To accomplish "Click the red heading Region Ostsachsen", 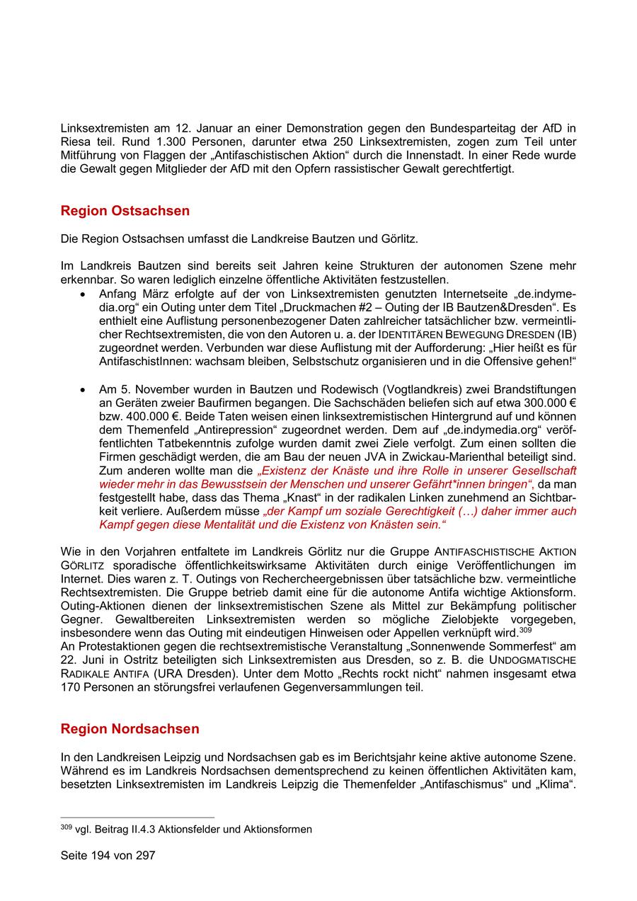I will point(125,211).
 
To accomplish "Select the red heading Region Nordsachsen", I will point(130,729).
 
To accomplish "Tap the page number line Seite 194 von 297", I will point(108,855).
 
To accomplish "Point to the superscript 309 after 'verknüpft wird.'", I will point(525,630).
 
